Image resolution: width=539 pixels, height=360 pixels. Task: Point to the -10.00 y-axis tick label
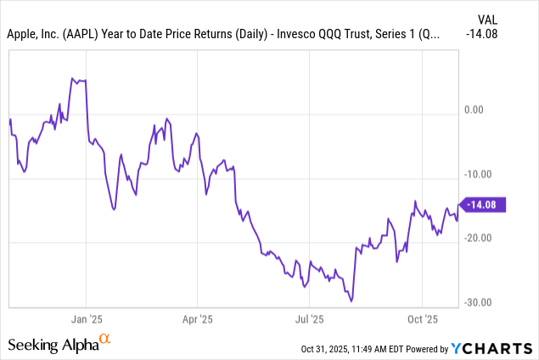click(478, 174)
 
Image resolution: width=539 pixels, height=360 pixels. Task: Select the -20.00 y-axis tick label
click(478, 238)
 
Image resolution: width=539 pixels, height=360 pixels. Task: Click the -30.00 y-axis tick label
click(478, 302)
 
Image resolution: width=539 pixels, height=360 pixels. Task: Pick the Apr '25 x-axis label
click(197, 321)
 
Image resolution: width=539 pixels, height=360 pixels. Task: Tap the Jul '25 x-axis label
click(309, 321)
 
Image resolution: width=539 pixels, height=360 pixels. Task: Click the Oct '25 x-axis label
click(422, 321)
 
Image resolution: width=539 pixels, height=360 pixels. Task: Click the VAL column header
click(486, 17)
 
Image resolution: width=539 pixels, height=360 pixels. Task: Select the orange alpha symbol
click(105, 340)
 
